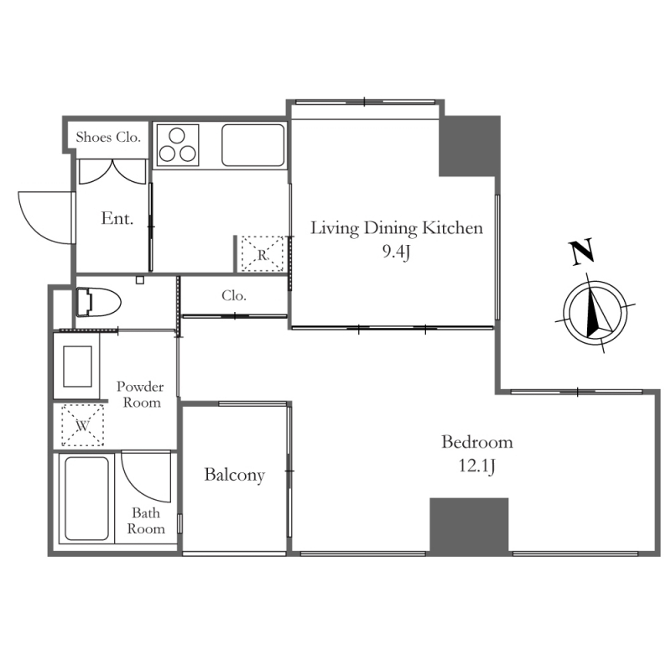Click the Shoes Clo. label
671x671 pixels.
click(108, 137)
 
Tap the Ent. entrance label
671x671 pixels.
click(117, 218)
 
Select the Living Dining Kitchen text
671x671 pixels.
click(396, 228)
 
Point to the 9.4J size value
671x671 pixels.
click(396, 252)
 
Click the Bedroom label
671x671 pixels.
click(476, 442)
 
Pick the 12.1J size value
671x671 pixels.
click(476, 466)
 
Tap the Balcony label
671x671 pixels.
click(234, 475)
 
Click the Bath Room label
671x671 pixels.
click(146, 520)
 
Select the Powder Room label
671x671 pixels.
click(140, 394)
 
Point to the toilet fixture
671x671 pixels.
click(98, 302)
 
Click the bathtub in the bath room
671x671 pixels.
click(86, 498)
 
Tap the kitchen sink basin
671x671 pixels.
click(253, 145)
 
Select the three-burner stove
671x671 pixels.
click(178, 144)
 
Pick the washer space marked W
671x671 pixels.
click(82, 425)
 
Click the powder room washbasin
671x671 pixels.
click(77, 367)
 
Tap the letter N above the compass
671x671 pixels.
click(581, 252)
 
